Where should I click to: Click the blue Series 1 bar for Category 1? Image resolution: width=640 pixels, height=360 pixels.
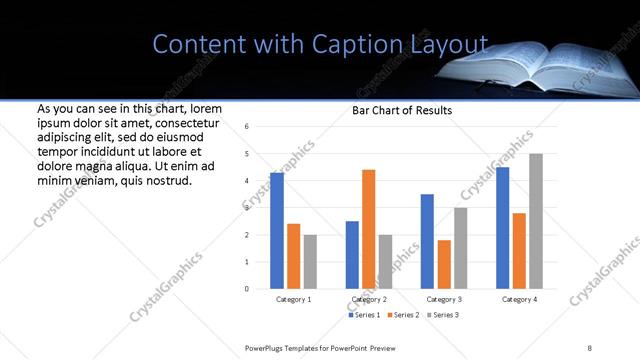click(x=277, y=231)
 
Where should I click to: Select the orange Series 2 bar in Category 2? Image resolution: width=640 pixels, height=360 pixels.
click(x=368, y=229)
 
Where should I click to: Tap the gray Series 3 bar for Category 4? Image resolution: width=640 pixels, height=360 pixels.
click(x=536, y=221)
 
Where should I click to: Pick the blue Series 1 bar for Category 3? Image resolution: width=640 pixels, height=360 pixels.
click(x=427, y=241)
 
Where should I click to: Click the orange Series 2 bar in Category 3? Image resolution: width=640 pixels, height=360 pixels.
click(x=444, y=264)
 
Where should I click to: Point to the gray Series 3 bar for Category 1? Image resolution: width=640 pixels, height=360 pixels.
click(x=310, y=261)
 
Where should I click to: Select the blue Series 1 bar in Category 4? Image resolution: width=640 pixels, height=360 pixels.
click(x=503, y=228)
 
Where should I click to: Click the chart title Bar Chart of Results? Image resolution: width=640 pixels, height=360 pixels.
click(x=402, y=110)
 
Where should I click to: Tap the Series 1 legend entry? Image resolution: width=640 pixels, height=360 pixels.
click(x=364, y=315)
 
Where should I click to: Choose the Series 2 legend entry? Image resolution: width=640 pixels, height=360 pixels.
click(x=404, y=315)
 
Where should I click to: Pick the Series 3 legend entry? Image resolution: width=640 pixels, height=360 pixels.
click(x=444, y=315)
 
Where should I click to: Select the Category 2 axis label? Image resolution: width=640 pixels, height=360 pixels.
click(x=369, y=299)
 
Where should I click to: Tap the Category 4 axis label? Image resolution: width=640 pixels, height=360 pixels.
click(x=519, y=299)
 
